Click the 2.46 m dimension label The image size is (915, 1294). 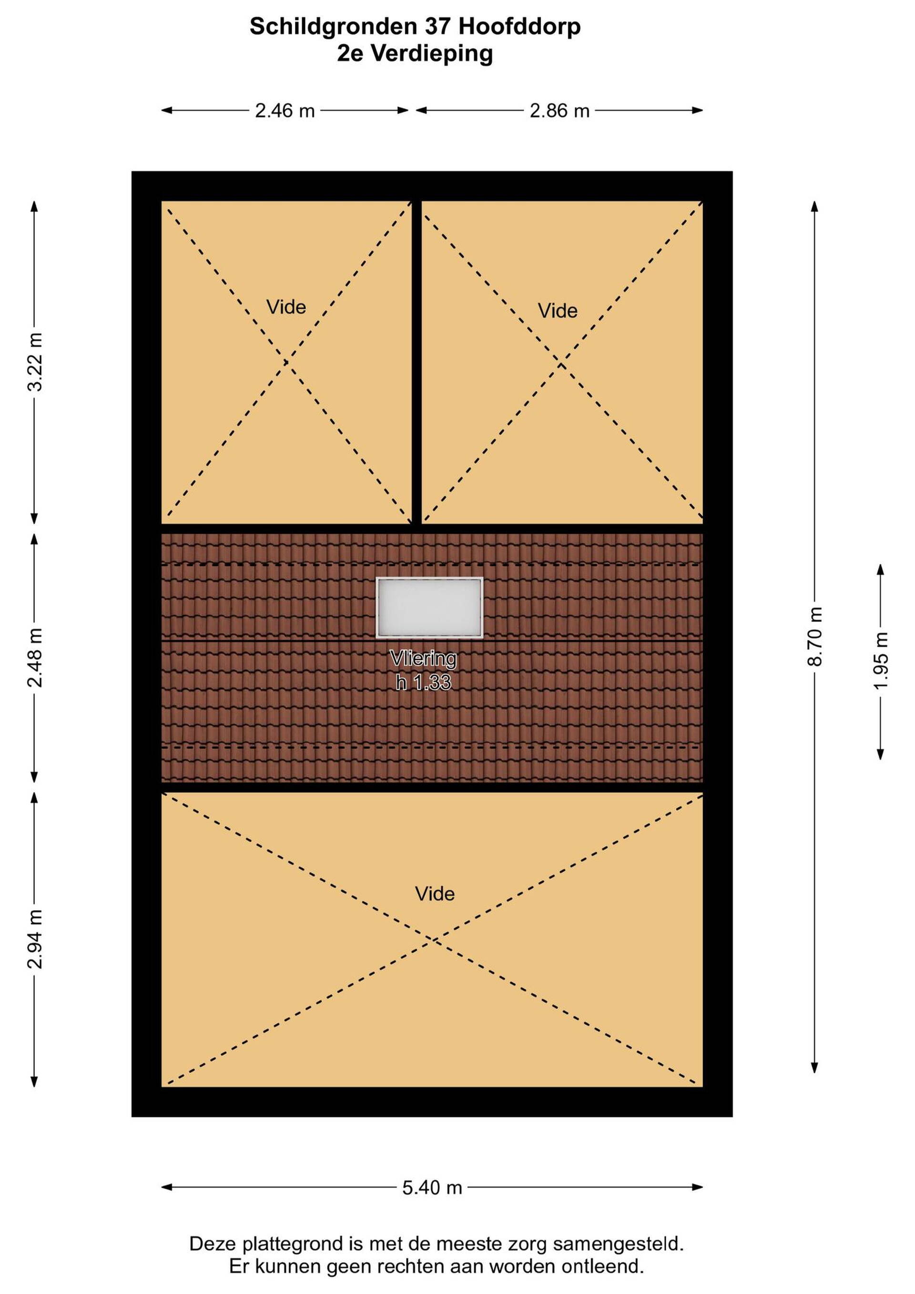[285, 111]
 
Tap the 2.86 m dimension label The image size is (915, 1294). [559, 111]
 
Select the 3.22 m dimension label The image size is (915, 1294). [35, 362]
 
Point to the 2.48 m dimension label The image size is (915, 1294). [35, 657]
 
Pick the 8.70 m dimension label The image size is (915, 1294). [815, 636]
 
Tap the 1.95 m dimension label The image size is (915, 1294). [881, 660]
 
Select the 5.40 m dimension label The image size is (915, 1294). [432, 1188]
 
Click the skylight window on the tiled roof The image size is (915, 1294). [429, 608]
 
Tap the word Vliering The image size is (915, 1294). [423, 658]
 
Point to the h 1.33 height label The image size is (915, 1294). [423, 683]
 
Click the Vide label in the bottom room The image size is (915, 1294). [435, 894]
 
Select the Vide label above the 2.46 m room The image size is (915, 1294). [286, 307]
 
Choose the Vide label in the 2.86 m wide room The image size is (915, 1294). [558, 311]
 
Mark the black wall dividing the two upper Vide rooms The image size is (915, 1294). [417, 362]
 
